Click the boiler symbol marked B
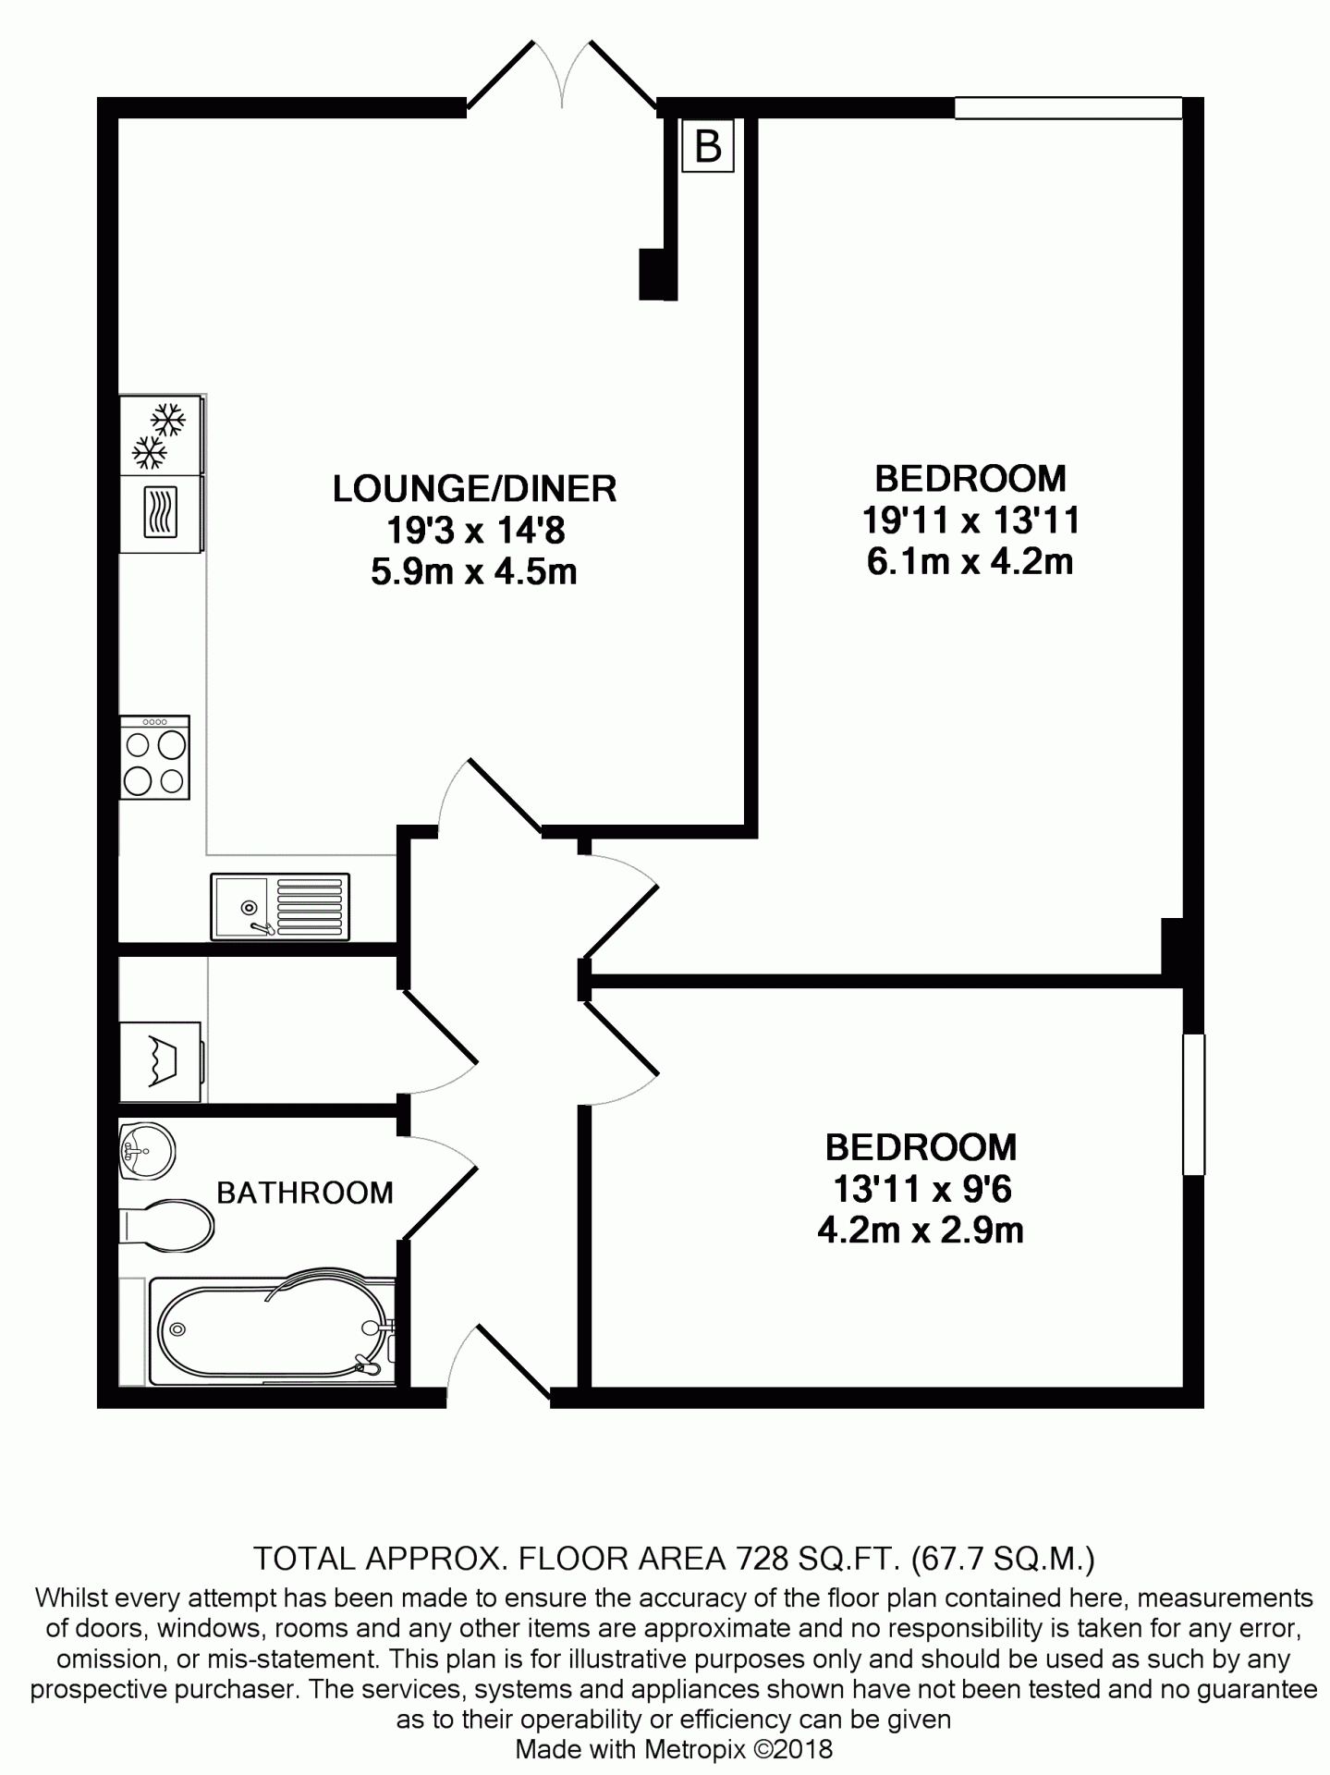[x=708, y=145]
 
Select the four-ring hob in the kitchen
[x=154, y=757]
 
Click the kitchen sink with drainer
[x=280, y=907]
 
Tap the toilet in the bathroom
[x=166, y=1225]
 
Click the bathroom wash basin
[x=148, y=1150]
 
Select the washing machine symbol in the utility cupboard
[x=162, y=1061]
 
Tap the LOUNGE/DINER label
[x=474, y=488]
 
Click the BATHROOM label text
[x=305, y=1193]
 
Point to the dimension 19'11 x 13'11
[x=971, y=520]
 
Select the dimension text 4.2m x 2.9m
[x=921, y=1230]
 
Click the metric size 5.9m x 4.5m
[x=474, y=571]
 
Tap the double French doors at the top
[x=562, y=79]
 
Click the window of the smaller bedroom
[x=1194, y=1104]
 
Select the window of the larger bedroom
[x=1068, y=108]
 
